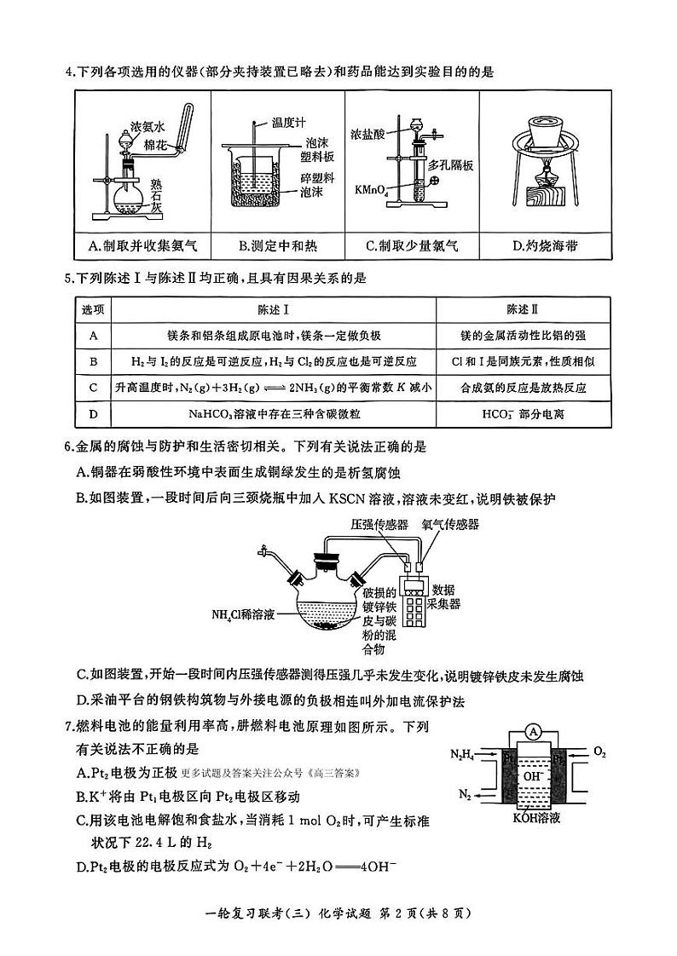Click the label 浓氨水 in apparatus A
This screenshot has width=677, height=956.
pyautogui.click(x=146, y=125)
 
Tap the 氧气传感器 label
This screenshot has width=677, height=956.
pyautogui.click(x=450, y=525)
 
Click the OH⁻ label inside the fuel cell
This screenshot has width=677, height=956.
pyautogui.click(x=533, y=776)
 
